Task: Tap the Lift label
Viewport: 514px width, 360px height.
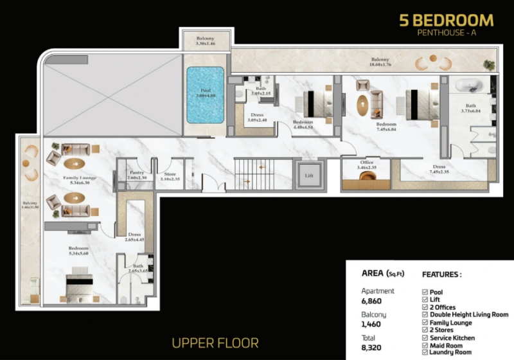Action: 308,174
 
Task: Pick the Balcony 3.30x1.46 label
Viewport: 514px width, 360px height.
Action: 204,40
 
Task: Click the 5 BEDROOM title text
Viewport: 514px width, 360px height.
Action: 446,20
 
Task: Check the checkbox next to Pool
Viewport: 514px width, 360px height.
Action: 425,292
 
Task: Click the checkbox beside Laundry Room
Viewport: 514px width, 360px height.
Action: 425,352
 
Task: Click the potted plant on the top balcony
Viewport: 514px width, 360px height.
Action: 490,65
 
